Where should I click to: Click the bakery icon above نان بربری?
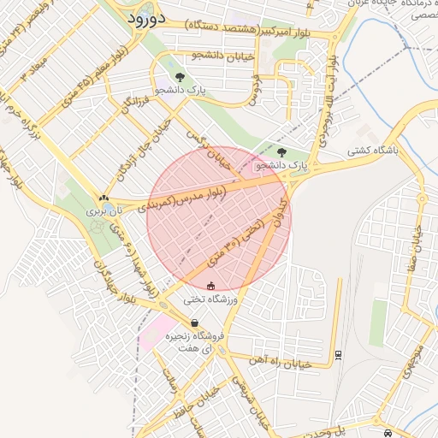point(104,198)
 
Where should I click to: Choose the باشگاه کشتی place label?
point(373,151)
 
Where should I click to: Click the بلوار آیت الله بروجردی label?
point(328,103)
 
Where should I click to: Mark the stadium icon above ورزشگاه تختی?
point(211,285)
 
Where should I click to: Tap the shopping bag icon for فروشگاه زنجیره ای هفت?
point(196,323)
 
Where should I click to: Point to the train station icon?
point(338,353)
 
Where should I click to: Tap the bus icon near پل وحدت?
point(389,432)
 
